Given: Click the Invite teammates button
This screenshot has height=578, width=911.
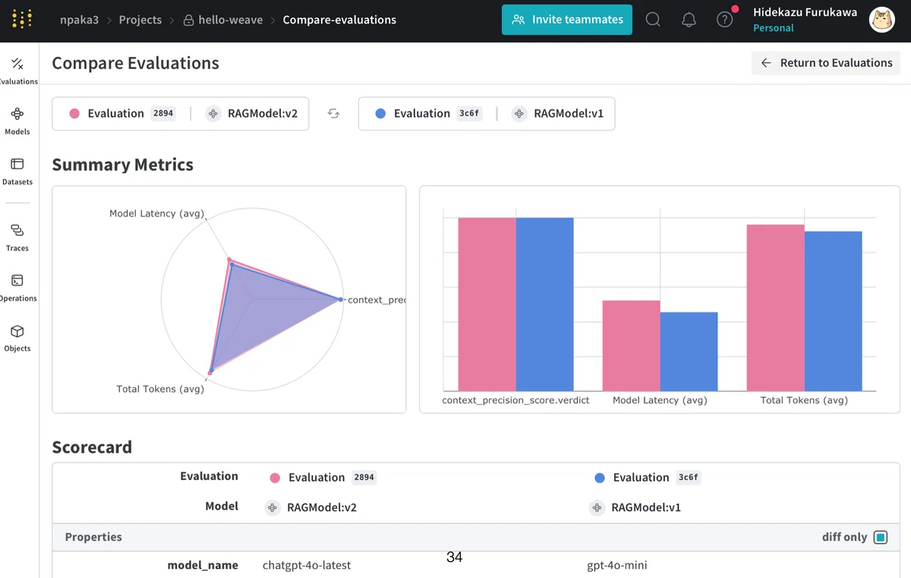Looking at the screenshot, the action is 566,20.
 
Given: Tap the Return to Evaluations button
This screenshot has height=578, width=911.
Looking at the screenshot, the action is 825,62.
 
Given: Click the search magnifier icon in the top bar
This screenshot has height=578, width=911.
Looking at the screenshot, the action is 653,20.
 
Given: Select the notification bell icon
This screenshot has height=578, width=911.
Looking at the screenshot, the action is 689,20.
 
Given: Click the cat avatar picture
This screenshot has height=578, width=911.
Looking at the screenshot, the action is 881,20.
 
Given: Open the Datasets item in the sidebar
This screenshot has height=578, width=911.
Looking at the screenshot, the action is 17,171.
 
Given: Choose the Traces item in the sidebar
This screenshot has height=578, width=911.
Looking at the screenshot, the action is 17,238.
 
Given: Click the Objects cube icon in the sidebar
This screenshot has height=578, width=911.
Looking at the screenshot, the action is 17,331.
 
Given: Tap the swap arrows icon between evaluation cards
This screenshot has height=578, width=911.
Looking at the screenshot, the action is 333,113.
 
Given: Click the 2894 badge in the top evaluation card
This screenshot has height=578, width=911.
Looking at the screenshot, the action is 163,113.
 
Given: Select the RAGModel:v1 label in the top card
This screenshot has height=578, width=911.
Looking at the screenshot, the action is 568,113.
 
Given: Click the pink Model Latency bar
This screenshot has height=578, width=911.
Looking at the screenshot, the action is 631,346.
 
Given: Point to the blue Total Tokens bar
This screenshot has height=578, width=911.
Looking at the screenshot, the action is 833,311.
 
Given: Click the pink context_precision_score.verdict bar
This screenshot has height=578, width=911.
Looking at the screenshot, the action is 487,305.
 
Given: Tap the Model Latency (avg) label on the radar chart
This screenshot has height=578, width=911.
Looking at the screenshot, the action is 156,213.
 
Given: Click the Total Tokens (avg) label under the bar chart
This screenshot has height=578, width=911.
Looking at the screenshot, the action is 804,400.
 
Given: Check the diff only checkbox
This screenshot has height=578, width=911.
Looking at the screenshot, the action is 881,537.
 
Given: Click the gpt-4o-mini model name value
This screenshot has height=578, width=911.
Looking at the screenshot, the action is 617,565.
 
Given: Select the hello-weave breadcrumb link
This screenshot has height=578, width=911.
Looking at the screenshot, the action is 230,20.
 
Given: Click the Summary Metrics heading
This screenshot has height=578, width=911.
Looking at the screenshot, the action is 123,164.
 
